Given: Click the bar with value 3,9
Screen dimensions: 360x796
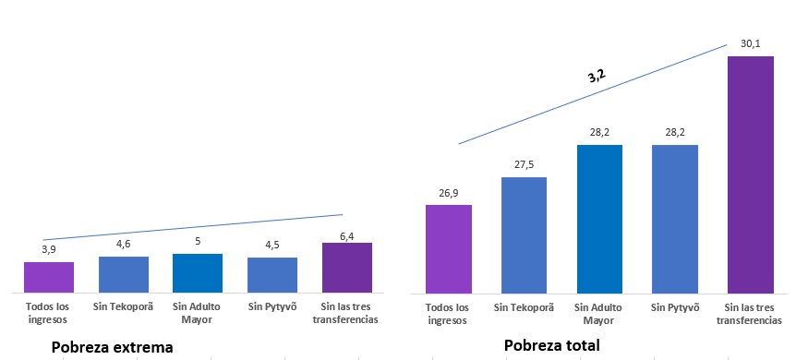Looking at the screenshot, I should coord(48,277).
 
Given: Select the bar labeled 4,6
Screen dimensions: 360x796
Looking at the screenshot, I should coord(124,274).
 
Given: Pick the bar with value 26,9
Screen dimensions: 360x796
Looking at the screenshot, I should coord(448,247).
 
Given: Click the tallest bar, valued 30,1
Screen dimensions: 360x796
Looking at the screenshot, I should coord(750,174).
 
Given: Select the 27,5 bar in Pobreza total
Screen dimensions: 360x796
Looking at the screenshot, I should coord(524,234).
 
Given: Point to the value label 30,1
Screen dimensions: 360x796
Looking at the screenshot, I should coord(750,43).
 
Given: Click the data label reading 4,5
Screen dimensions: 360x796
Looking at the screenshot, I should coord(271,246).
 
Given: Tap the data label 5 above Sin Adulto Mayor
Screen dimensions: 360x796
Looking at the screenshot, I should coord(197,242).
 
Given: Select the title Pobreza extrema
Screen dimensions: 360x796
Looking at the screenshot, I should coord(113,348).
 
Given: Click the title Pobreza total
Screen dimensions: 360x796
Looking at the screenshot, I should coord(552,345).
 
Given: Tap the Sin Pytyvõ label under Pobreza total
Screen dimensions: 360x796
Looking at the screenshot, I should coord(674,307).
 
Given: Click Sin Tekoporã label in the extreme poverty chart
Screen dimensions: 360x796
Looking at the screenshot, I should coord(124,307).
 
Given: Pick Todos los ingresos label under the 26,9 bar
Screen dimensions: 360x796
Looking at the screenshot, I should coord(448,313).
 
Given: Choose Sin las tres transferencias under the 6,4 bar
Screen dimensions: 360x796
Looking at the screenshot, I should coord(347,313).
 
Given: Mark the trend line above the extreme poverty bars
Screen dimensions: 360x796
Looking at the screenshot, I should coord(194,227).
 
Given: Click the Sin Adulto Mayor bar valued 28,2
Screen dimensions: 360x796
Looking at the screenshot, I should coord(599,217).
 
